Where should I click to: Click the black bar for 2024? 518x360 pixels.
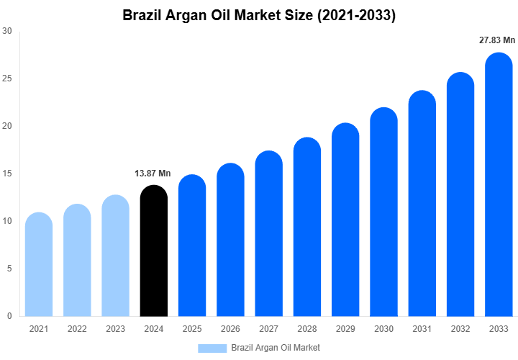point(153,251)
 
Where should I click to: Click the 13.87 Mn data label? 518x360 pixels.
point(153,174)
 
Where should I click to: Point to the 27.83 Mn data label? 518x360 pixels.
point(497,40)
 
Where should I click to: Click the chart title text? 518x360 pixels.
point(259,15)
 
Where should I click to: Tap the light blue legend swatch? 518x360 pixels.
point(212,348)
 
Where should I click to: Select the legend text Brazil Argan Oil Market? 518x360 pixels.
point(276,348)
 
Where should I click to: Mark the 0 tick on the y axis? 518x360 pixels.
point(9,316)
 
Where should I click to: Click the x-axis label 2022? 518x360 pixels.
point(77,329)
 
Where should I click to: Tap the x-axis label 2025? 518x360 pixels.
point(192,329)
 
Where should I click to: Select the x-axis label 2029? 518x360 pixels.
point(345,329)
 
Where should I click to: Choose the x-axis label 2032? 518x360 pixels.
point(460,329)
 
